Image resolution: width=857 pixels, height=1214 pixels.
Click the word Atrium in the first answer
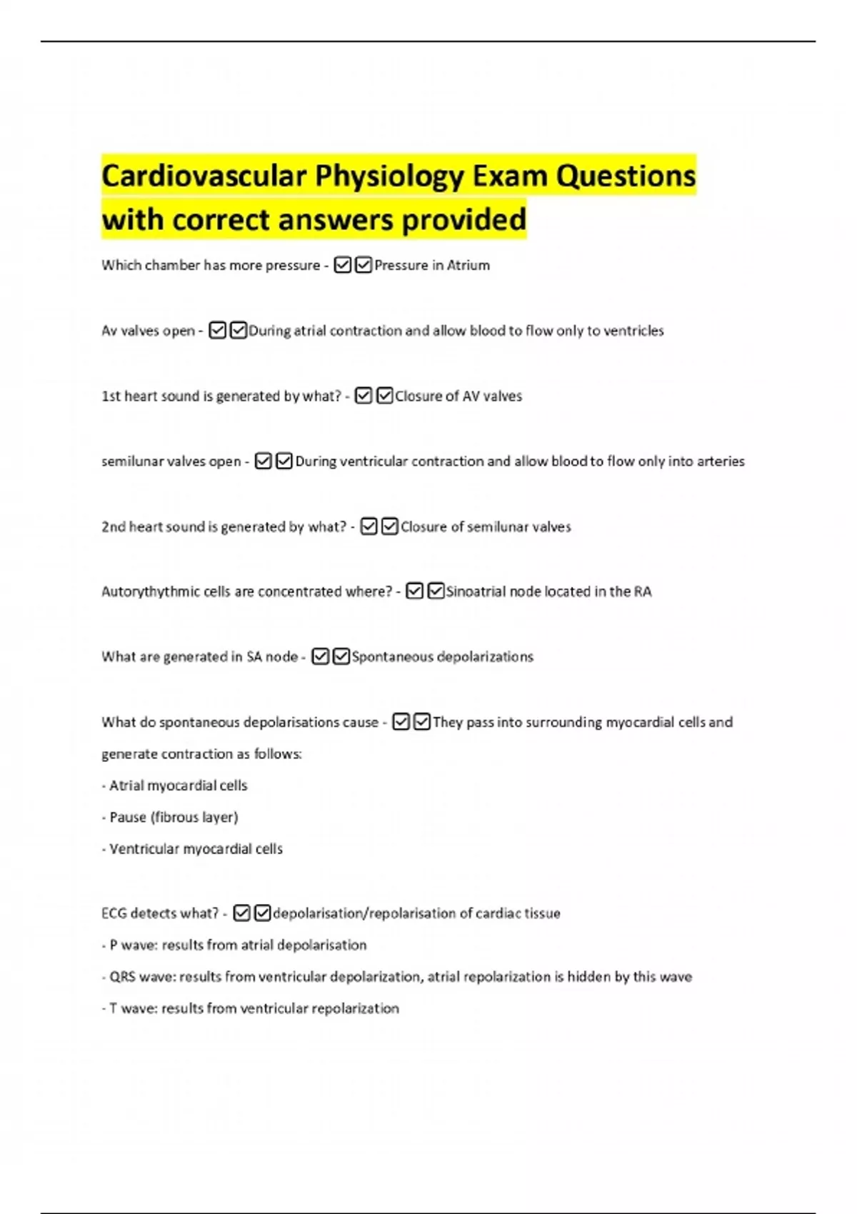[x=468, y=266]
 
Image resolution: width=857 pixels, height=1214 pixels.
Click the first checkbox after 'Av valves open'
[x=218, y=331]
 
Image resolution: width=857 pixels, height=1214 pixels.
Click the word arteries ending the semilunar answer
[x=721, y=461]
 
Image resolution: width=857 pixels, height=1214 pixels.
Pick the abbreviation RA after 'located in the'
[x=643, y=592]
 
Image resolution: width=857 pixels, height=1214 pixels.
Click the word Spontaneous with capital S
[x=392, y=657]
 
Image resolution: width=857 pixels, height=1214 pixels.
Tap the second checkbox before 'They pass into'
[x=422, y=722]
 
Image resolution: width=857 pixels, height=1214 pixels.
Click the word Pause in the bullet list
[x=128, y=817]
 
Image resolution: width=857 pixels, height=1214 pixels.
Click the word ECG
[x=114, y=913]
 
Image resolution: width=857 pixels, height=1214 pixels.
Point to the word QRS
[x=122, y=977]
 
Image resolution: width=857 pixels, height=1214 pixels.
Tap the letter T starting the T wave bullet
[x=113, y=1008]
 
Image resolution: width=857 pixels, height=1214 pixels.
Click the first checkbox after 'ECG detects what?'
[x=242, y=913]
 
